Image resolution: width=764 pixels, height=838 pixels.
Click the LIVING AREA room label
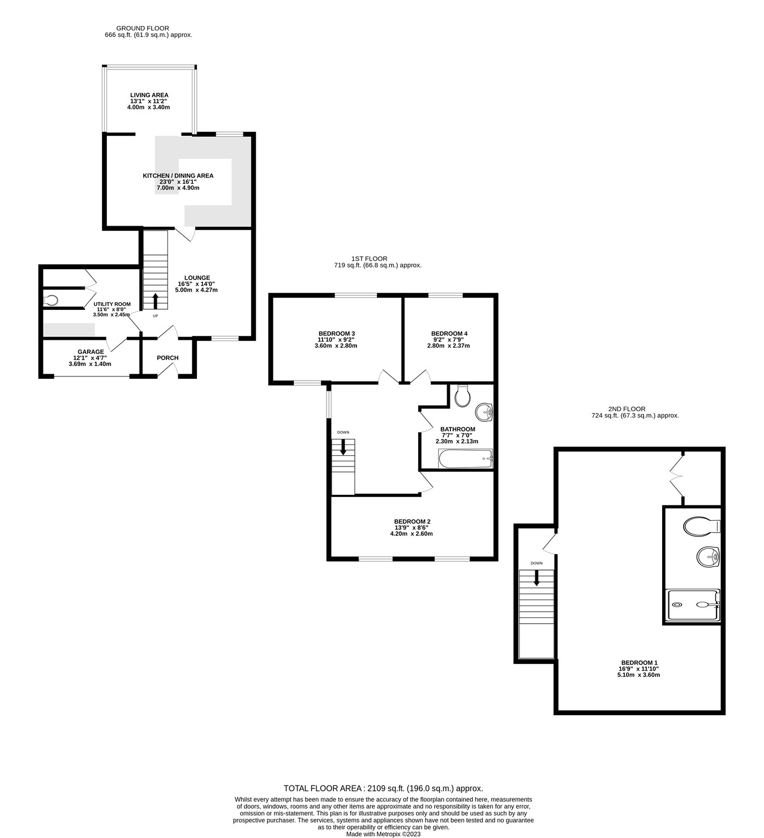tap(149, 95)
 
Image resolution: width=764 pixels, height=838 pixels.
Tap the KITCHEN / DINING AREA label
tap(178, 176)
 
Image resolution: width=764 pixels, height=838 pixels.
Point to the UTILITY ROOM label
tap(111, 304)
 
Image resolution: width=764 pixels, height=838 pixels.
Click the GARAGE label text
tap(91, 352)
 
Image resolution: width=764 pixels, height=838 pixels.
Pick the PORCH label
tap(168, 358)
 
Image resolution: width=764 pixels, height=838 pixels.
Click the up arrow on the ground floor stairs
tap(156, 300)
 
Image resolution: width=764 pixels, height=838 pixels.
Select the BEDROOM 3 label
tap(336, 334)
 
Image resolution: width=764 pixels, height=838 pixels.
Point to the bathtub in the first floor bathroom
tap(465, 459)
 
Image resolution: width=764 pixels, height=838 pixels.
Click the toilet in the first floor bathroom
tap(462, 396)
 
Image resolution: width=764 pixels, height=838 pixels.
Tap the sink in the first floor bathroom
tap(484, 412)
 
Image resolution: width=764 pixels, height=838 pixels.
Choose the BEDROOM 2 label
tap(412, 521)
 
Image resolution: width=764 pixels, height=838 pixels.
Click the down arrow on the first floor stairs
tap(343, 447)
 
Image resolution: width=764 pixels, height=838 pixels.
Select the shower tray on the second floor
tap(693, 605)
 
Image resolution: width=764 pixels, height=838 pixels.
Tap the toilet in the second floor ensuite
tap(701, 527)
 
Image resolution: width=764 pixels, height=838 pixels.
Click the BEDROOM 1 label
tap(639, 663)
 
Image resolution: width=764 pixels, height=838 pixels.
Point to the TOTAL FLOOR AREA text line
tap(383, 788)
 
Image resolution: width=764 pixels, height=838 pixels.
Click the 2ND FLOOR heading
tap(626, 409)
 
